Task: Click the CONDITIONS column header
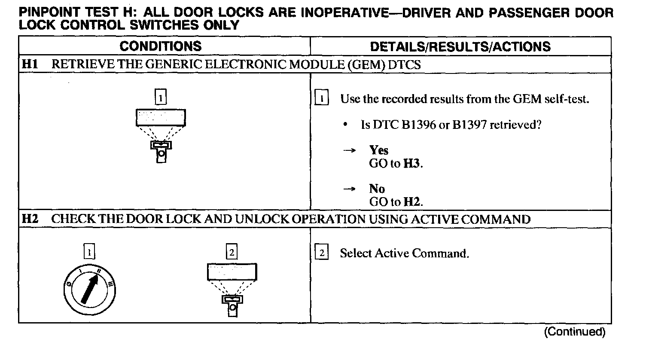tap(160, 46)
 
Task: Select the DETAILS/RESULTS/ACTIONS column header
tap(460, 46)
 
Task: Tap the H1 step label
tap(30, 64)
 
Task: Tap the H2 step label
tap(30, 219)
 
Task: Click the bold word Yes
tap(378, 150)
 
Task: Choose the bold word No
tap(377, 189)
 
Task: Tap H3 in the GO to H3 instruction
tap(412, 163)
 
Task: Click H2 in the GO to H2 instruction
tap(412, 201)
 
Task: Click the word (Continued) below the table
tap(575, 332)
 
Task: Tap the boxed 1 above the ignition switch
tap(89, 252)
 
